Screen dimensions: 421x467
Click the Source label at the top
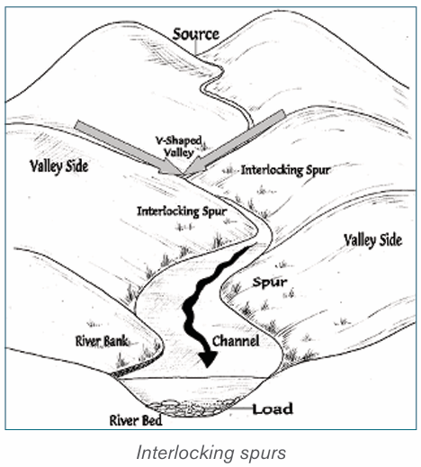pos(196,34)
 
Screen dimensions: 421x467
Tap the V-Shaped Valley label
pos(179,147)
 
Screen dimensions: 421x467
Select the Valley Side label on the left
pos(58,166)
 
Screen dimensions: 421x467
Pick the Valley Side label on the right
pos(372,241)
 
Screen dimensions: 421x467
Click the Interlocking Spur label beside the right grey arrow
pos(285,170)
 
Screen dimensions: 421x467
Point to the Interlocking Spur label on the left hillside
pos(182,211)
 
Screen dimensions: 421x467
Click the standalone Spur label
pos(270,282)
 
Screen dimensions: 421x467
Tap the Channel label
pos(236,341)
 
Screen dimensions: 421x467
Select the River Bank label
pos(102,341)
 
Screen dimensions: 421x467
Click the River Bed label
pos(136,420)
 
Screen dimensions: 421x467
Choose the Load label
pos(273,409)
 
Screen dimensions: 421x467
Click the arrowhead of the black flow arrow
pos(208,358)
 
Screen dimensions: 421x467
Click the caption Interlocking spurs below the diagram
pos(211,453)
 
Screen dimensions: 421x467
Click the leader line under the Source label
pos(195,48)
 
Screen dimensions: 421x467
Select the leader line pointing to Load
pos(241,409)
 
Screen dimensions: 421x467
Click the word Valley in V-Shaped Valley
pos(179,152)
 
